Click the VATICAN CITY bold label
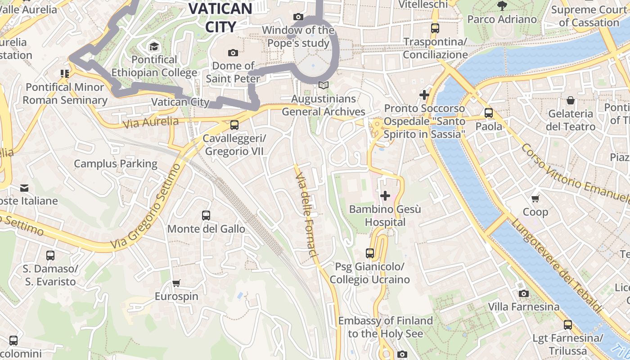tap(220, 17)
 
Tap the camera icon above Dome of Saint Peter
tap(233, 53)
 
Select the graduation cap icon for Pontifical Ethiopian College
tap(154, 46)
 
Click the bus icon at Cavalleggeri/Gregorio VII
tap(234, 125)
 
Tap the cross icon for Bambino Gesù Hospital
tap(385, 196)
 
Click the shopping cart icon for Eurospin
tap(176, 283)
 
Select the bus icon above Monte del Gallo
tap(206, 216)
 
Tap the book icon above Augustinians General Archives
tap(324, 85)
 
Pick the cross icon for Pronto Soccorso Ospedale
tap(424, 95)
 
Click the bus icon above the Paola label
tap(489, 113)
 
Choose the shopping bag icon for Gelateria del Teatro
tap(571, 100)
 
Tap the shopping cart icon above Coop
tap(535, 198)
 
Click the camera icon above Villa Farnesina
tap(524, 294)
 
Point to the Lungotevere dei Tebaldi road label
tap(557, 265)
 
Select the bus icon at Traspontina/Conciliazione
tap(435, 28)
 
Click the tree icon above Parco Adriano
tap(502, 6)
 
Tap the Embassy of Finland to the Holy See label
tap(386, 327)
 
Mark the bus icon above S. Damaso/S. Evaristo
tap(50, 256)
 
